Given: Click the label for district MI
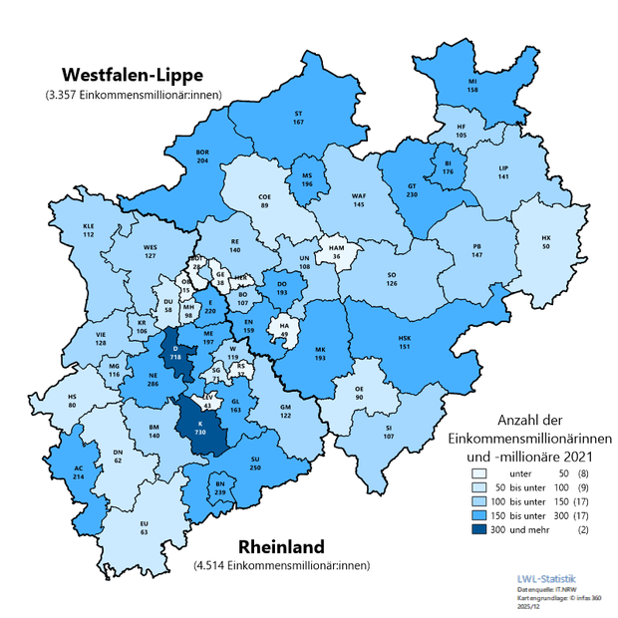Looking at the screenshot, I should click(x=472, y=79).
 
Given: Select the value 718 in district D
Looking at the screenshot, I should click(x=175, y=356).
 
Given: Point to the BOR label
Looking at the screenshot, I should click(x=203, y=152).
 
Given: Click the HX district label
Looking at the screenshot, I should click(x=545, y=238).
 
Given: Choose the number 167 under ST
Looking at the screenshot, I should click(x=298, y=122).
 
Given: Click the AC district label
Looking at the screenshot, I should click(x=79, y=468).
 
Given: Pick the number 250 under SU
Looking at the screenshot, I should click(x=256, y=468).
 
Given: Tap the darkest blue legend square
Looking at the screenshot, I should click(x=479, y=529).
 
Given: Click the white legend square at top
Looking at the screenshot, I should click(x=479, y=473).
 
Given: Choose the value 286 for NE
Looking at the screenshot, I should click(x=154, y=383).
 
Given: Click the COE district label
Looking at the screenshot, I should click(x=264, y=196).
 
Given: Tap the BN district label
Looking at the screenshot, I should click(x=219, y=483).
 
